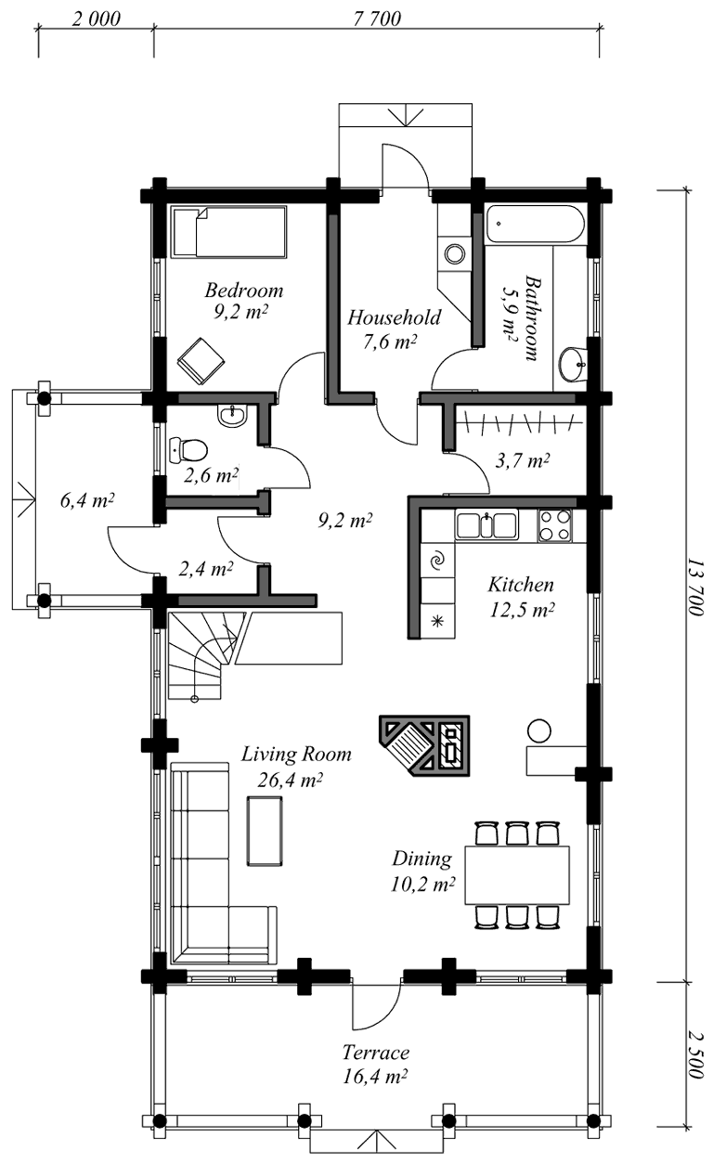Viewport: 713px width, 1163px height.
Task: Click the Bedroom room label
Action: coord(243,290)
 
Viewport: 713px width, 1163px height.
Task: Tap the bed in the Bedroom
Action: coord(229,231)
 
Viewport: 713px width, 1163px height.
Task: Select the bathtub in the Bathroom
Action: coord(535,224)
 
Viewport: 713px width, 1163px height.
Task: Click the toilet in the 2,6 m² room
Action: coord(188,449)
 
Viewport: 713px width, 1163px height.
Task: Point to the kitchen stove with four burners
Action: coord(554,525)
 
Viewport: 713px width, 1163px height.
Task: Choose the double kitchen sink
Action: coord(486,524)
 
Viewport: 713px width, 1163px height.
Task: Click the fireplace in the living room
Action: coord(424,745)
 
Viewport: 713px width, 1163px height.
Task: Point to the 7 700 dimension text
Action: coord(377,19)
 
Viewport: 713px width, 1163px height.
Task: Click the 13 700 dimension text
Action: coord(694,587)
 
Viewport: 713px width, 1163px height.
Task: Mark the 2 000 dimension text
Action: coord(96,19)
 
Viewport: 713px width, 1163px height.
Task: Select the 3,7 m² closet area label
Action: coord(522,460)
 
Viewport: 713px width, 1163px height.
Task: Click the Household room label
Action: coord(394,317)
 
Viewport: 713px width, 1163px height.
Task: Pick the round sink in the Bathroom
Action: coord(574,364)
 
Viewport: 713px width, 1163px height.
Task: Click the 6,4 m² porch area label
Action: coord(87,500)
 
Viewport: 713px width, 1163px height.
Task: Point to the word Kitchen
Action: coord(520,585)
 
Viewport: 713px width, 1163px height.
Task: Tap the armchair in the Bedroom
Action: coord(201,361)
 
